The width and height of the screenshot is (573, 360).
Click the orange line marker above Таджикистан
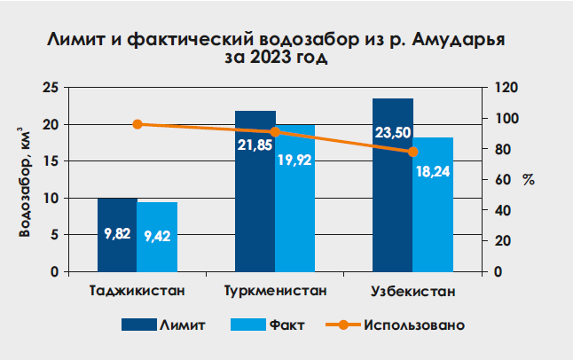click(137, 124)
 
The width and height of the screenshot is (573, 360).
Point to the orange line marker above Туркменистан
click(275, 132)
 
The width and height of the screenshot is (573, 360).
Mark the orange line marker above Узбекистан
click(412, 152)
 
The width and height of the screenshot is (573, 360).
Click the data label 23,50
click(392, 134)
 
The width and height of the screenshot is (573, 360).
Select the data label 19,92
click(295, 160)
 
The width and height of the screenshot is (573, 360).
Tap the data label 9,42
click(157, 236)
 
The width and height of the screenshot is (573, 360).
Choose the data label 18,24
click(433, 171)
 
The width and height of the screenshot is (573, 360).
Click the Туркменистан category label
click(275, 291)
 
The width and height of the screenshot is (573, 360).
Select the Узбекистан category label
click(412, 291)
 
